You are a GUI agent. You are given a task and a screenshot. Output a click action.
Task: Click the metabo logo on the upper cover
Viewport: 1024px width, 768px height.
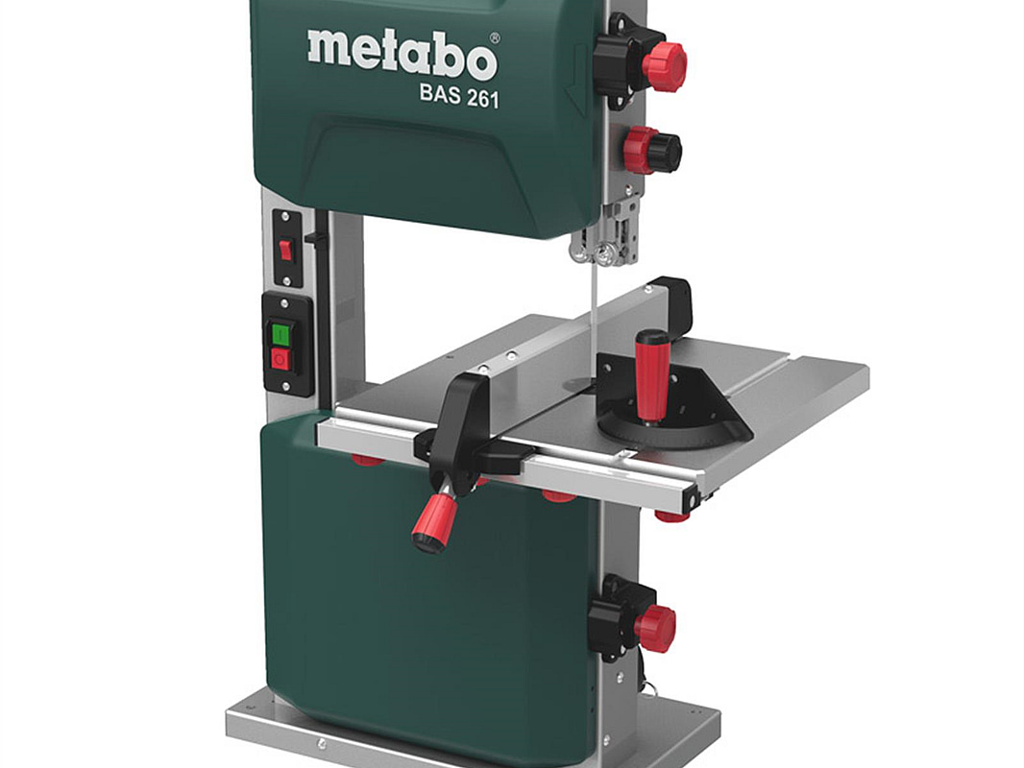[402, 55]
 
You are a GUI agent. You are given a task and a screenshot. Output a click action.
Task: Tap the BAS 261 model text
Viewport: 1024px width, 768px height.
[459, 97]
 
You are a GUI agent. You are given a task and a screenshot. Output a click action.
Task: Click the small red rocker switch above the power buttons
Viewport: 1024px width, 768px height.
[285, 251]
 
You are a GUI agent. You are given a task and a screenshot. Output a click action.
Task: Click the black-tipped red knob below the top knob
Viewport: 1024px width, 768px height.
[651, 151]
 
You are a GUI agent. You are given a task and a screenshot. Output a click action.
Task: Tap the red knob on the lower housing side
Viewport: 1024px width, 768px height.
[654, 629]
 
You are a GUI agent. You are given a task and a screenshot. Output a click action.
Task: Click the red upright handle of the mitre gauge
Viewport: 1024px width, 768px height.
[651, 376]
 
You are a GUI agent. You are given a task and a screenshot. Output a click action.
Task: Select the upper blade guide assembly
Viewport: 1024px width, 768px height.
[606, 231]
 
